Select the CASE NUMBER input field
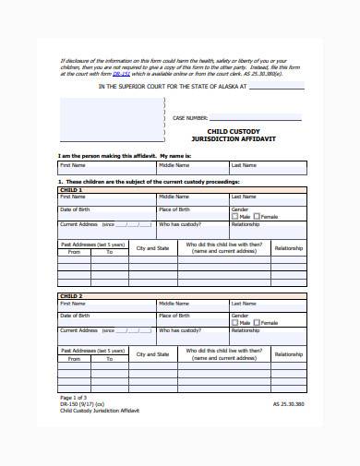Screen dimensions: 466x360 click(256, 118)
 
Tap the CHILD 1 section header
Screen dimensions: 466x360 click(71, 189)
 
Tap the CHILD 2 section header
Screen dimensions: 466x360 click(71, 295)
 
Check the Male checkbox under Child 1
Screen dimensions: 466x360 click(235, 217)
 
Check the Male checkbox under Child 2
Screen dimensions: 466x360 click(235, 323)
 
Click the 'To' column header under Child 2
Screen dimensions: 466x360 click(109, 358)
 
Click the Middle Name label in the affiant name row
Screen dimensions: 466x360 click(173, 165)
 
